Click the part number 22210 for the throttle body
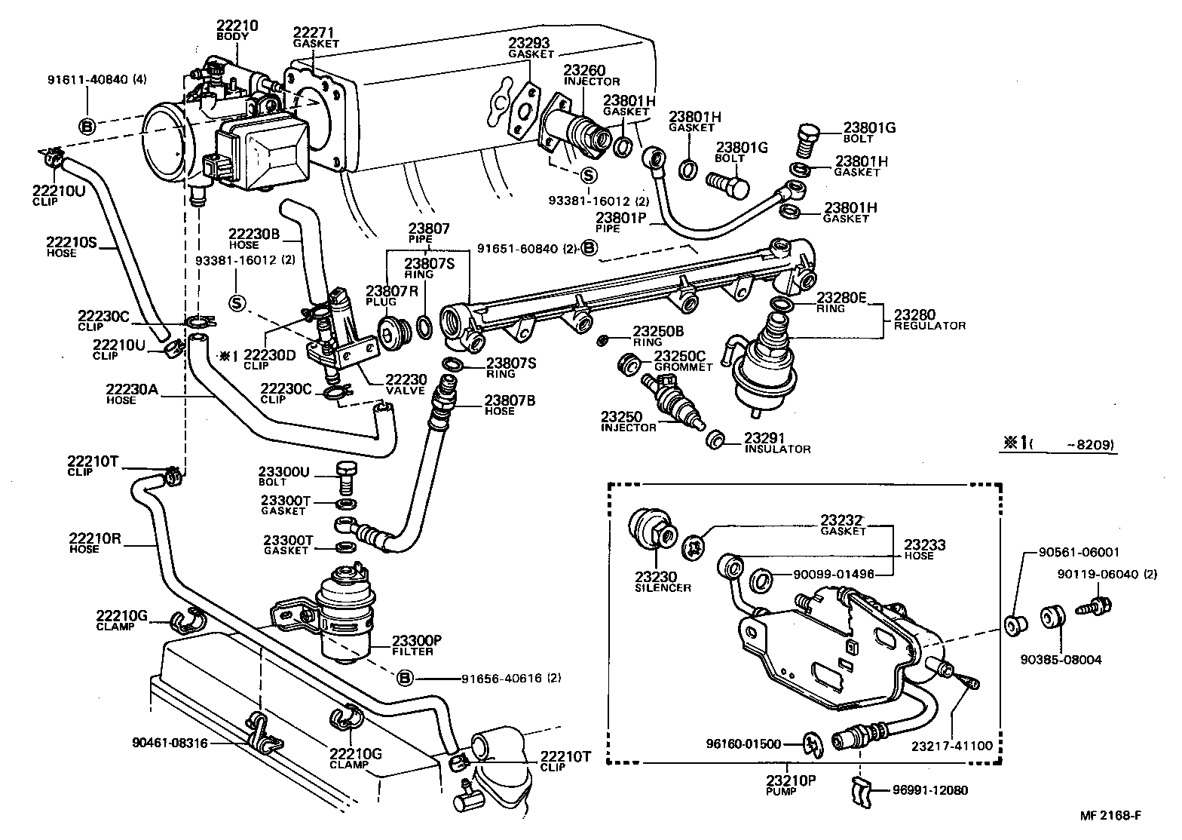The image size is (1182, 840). (x=237, y=25)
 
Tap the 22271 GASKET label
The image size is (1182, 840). (x=316, y=38)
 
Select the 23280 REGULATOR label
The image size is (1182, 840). (x=929, y=320)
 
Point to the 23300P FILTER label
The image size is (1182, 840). (x=416, y=645)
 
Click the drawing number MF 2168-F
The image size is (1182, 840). (x=1110, y=815)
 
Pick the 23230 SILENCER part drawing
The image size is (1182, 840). (x=652, y=529)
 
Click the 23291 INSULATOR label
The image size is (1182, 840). (x=776, y=443)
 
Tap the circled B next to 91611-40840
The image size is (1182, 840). (x=87, y=127)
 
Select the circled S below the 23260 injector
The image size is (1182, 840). (x=588, y=175)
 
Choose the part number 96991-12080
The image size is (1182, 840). (x=930, y=790)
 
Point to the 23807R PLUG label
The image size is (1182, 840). (x=391, y=295)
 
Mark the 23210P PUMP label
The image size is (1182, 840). (x=791, y=785)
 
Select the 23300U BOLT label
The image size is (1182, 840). (x=283, y=476)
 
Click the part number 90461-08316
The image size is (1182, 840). (x=170, y=743)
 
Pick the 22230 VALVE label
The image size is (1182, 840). (x=406, y=385)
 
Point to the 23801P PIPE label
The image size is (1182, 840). (x=620, y=222)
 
